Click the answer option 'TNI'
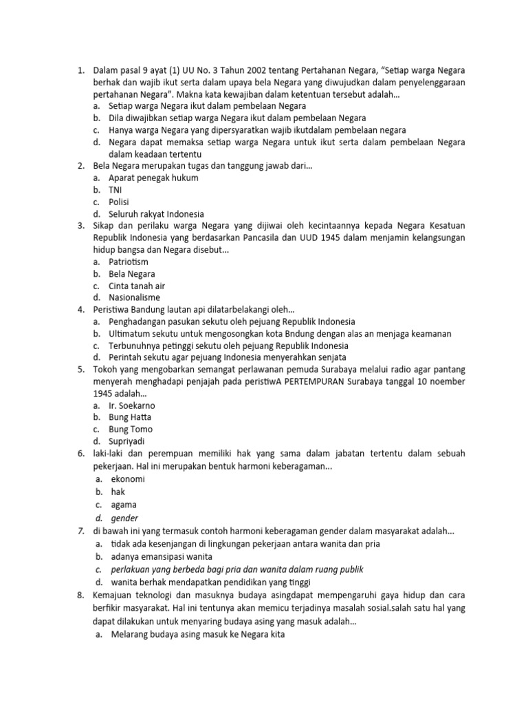pyautogui.click(x=115, y=189)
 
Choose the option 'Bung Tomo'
pyautogui.click(x=131, y=429)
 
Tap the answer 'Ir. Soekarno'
pyautogui.click(x=132, y=406)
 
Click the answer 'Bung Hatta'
pyautogui.click(x=130, y=417)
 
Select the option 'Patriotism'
pyautogui.click(x=129, y=262)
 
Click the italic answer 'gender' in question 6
pyautogui.click(x=124, y=518)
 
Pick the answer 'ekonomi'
pyautogui.click(x=128, y=479)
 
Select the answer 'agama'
pyautogui.click(x=124, y=505)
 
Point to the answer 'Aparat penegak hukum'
pyautogui.click(x=153, y=178)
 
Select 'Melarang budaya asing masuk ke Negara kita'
pyautogui.click(x=197, y=635)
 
